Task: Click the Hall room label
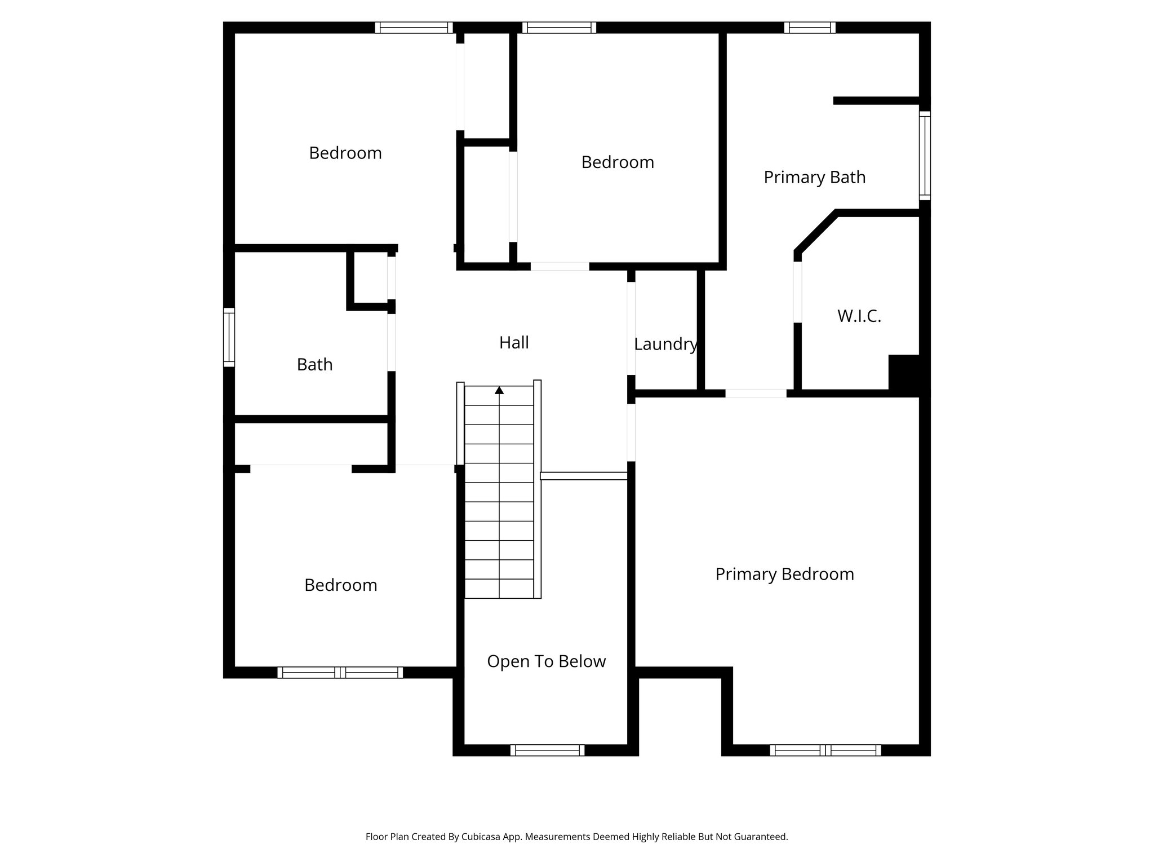point(513,342)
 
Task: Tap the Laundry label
point(665,344)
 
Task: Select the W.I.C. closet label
point(859,316)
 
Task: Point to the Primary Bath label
point(814,177)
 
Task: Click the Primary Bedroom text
point(784,574)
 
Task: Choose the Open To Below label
point(546,661)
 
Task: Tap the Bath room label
point(314,365)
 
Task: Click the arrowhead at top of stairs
point(499,390)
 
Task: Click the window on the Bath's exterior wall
point(229,337)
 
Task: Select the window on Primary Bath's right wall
point(925,156)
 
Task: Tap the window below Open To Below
point(547,750)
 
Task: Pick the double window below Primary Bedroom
point(825,750)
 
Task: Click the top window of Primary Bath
point(809,28)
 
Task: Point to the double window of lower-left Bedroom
point(340,672)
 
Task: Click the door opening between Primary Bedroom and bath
point(755,393)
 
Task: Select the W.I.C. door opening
point(797,291)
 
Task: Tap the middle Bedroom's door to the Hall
point(560,266)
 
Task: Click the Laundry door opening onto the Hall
point(631,328)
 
